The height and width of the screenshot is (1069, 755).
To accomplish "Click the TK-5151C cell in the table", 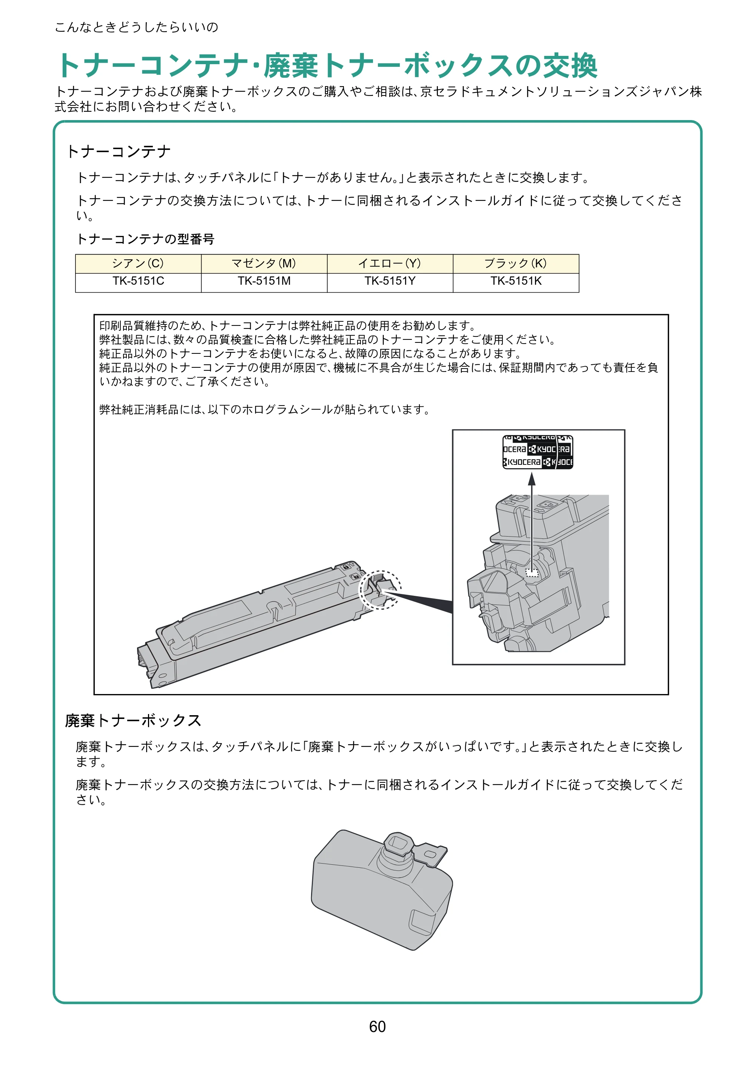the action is coord(138,282).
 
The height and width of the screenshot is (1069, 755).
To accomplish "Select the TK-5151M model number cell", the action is coord(264,282).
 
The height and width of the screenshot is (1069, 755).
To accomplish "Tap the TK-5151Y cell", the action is coord(390,282).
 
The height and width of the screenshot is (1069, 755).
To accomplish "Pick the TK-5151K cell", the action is coord(516,282).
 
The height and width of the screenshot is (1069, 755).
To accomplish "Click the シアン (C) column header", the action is coord(138,264).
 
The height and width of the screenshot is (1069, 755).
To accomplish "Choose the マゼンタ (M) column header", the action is coord(264,264).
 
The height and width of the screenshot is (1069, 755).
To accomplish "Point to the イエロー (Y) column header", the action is coord(390,264).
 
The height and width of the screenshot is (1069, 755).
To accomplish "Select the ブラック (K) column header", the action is coord(516,264).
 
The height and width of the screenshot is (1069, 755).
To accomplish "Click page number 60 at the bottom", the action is coord(377,1026).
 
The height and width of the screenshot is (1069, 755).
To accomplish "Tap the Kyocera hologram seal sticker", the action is coord(538,452).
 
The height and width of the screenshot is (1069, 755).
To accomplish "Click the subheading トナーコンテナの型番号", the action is coord(145,239).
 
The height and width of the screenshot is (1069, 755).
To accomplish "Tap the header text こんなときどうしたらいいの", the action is coord(136,27).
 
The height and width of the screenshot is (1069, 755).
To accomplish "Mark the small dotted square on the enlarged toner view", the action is coord(532,572).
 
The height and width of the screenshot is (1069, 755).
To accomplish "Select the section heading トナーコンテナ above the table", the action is coord(119,151).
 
